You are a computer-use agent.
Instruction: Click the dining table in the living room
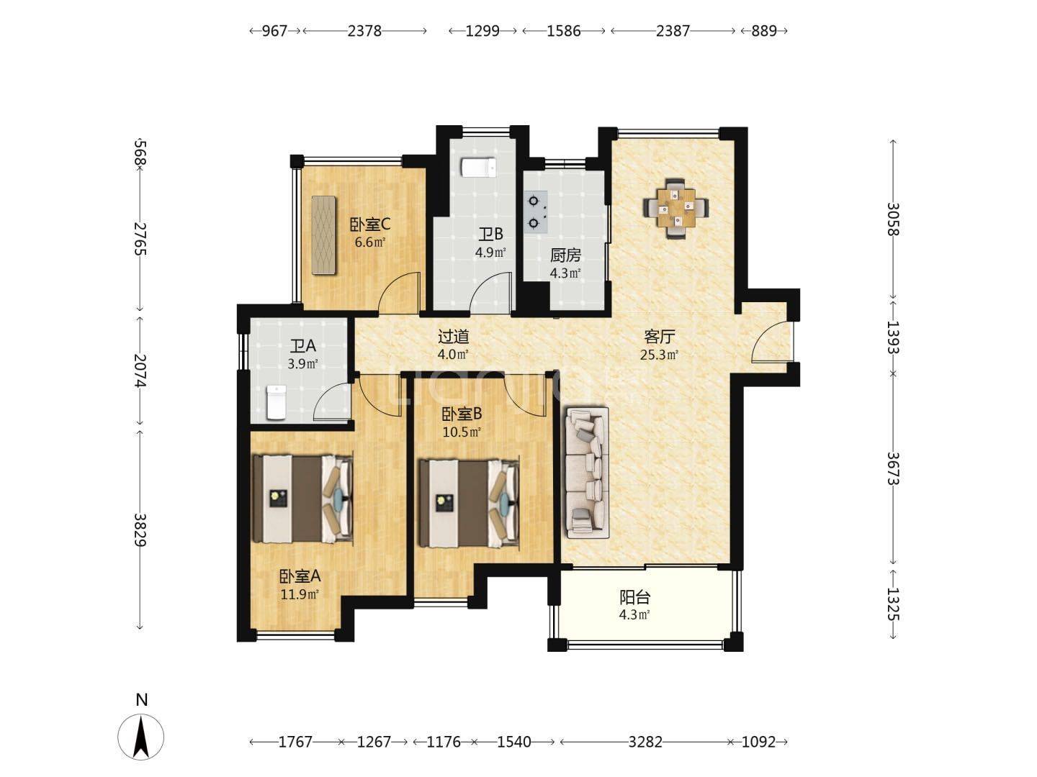(675, 209)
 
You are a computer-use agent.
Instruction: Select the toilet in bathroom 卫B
(479, 168)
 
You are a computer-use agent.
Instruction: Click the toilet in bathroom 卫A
(277, 402)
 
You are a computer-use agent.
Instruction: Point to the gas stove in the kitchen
(536, 212)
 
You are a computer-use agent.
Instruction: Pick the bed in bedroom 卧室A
(302, 499)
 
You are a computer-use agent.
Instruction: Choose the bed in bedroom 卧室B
(469, 503)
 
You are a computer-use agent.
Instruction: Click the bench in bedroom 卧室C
(324, 235)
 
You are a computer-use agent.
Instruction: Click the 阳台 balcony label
(635, 598)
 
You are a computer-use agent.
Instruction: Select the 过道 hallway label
(454, 337)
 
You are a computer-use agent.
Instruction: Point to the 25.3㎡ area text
(659, 355)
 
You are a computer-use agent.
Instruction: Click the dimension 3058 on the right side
(894, 219)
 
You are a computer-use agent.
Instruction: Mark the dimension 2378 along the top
(364, 31)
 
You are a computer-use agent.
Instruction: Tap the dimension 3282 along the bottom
(645, 742)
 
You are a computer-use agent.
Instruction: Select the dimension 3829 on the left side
(140, 530)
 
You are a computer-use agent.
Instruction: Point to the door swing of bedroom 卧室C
(400, 294)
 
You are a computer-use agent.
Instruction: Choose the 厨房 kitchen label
(565, 255)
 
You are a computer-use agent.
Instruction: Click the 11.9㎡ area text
(300, 594)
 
